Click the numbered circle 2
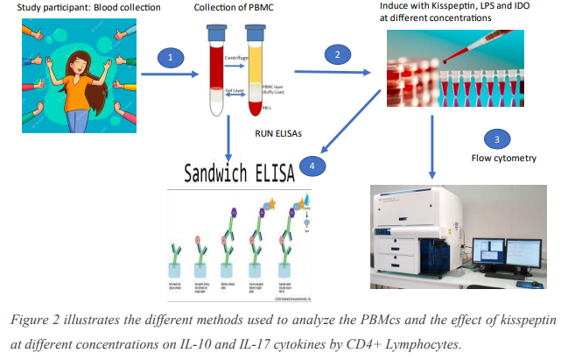333,55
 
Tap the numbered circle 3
496,139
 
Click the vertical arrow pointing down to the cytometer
431,149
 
